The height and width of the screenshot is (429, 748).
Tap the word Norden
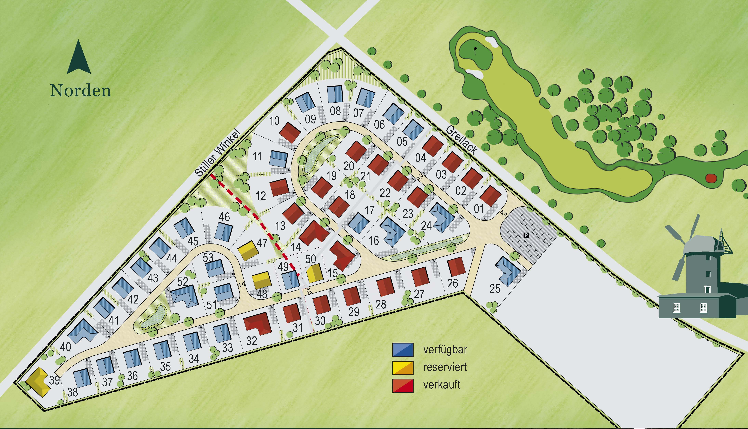click(80, 91)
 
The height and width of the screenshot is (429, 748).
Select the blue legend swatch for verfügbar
click(403, 350)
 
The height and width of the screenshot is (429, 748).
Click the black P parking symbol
click(526, 235)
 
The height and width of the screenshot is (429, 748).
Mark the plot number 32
click(252, 341)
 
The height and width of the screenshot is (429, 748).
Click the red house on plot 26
click(456, 267)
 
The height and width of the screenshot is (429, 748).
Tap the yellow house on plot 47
click(248, 250)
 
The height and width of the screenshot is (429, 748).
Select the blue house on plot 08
click(335, 94)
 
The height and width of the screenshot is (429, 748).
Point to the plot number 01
click(479, 209)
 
